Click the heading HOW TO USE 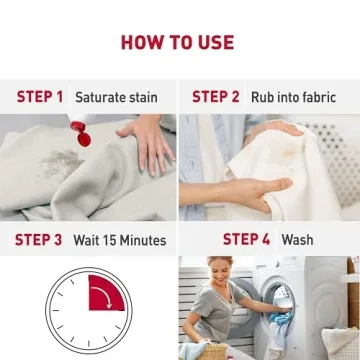click(x=178, y=42)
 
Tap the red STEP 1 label click(x=40, y=97)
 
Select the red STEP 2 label click(x=216, y=97)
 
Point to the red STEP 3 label click(x=39, y=240)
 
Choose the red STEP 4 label click(x=246, y=240)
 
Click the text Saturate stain click(x=115, y=98)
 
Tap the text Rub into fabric click(x=292, y=98)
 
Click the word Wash click(x=297, y=241)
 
